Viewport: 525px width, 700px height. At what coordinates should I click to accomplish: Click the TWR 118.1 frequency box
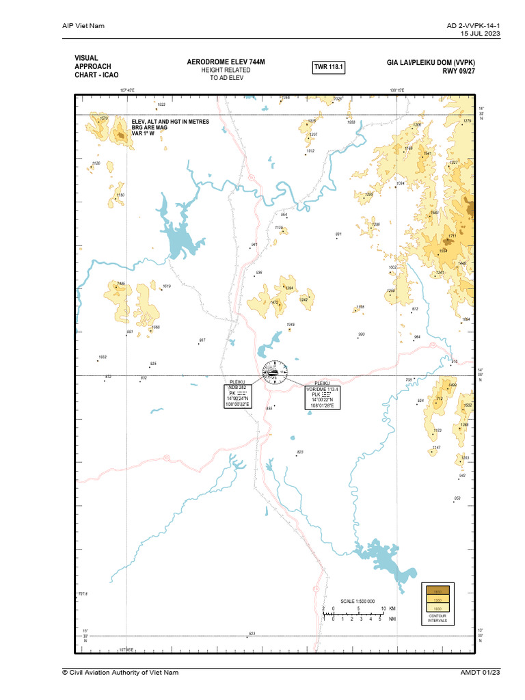[328, 67]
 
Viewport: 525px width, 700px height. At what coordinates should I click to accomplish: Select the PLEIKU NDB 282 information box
[239, 396]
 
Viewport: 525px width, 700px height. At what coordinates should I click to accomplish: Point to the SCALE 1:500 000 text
[358, 601]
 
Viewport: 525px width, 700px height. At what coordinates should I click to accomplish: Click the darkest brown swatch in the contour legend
[437, 591]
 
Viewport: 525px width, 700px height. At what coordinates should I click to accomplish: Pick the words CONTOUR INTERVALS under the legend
[437, 619]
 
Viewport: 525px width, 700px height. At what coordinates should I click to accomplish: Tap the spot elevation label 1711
[452, 236]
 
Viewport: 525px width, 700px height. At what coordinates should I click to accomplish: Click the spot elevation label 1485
[121, 284]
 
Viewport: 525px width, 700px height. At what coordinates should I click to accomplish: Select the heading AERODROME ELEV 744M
[226, 62]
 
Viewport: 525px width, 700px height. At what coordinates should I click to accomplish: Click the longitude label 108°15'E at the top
[397, 90]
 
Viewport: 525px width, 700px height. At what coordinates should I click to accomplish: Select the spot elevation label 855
[269, 408]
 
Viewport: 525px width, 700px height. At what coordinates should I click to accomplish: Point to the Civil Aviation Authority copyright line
[120, 673]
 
